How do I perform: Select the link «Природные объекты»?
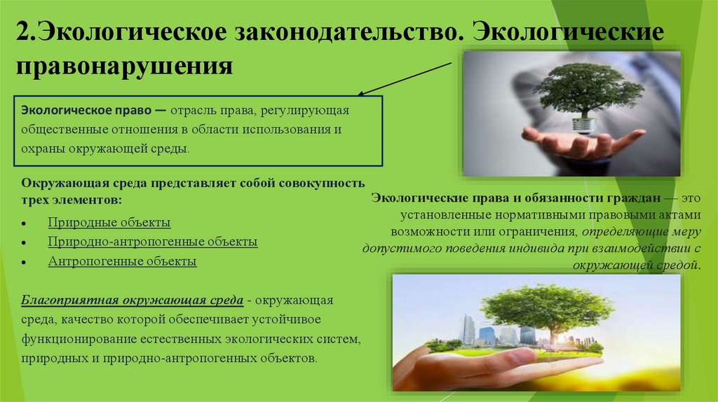(109, 223)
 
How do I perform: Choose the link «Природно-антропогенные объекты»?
(153, 242)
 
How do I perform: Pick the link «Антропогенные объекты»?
(122, 261)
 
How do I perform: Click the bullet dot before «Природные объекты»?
(25, 223)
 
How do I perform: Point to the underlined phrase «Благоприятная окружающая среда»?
(133, 300)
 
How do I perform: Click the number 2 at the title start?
(23, 34)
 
